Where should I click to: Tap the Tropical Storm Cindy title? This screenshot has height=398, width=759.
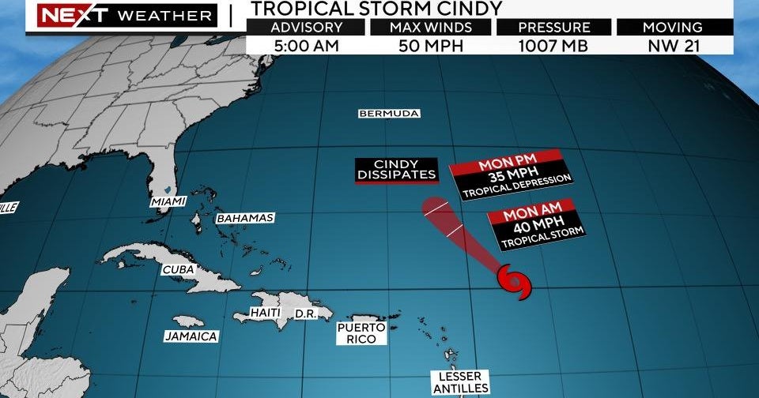coord(376,9)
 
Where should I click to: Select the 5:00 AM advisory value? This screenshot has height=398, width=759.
coord(306,46)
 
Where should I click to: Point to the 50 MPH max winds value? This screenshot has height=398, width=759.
coord(430,46)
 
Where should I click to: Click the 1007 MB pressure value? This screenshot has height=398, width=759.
coord(554,46)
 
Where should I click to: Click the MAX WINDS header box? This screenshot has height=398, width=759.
coord(430,28)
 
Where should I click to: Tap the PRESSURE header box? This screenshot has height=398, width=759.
coord(554,28)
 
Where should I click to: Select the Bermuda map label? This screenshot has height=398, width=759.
coord(389,114)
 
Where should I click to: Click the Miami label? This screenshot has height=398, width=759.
coord(168,202)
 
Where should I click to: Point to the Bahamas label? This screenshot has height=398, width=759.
coord(245,218)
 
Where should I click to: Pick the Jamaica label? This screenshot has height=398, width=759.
coord(191,336)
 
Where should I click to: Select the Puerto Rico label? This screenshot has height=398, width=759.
coord(361,333)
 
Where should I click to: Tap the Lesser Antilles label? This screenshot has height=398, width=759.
coord(459,382)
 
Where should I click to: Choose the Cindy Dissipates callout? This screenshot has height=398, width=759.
coord(395,170)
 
